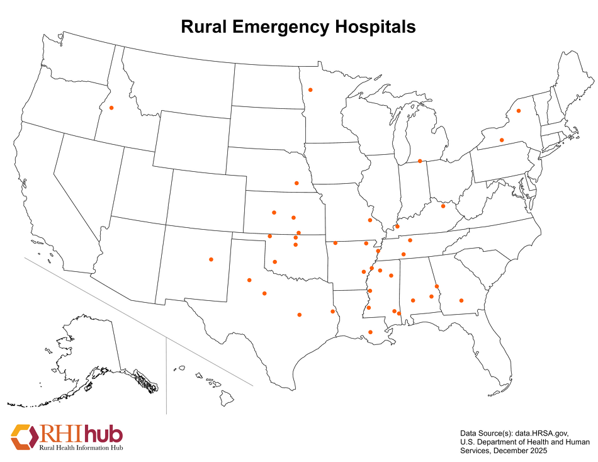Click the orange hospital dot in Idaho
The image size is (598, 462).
pyautogui.click(x=111, y=108)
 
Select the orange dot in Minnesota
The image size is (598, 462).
pyautogui.click(x=310, y=90)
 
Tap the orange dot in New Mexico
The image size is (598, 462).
pyautogui.click(x=211, y=259)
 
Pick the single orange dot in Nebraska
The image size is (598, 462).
pyautogui.click(x=296, y=183)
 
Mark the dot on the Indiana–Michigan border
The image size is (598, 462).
pyautogui.click(x=420, y=161)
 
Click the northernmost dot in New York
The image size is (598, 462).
pyautogui.click(x=519, y=111)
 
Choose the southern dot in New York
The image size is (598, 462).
pyautogui.click(x=502, y=140)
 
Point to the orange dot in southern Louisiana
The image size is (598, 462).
pyautogui.click(x=370, y=332)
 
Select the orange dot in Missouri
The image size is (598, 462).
pyautogui.click(x=370, y=220)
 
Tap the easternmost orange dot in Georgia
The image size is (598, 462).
pyautogui.click(x=461, y=300)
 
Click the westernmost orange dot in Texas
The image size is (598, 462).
pyautogui.click(x=249, y=279)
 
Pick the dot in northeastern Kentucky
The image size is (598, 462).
pyautogui.click(x=443, y=206)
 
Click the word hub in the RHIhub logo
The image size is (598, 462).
pyautogui.click(x=104, y=434)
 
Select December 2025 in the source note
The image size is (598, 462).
pyautogui.click(x=521, y=451)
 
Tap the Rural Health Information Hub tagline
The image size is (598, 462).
pyautogui.click(x=81, y=448)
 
